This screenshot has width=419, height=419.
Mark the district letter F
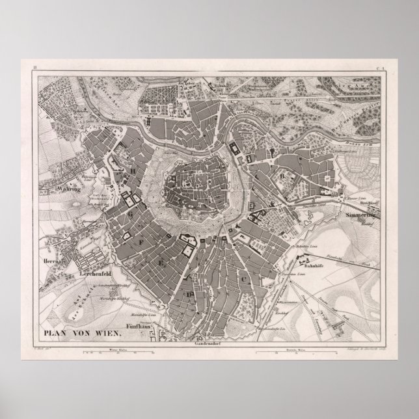pyautogui.click(x=139, y=240)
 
